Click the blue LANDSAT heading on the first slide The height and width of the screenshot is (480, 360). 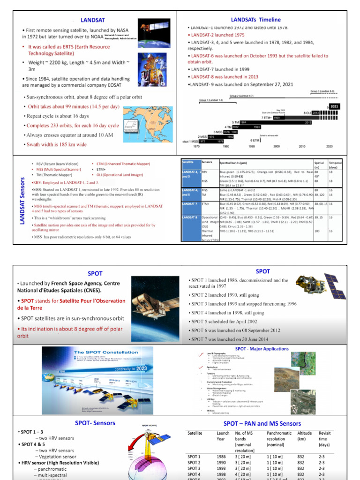tap(92, 20)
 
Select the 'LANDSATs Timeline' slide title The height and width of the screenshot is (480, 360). tap(256, 20)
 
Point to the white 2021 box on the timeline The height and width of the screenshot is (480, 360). tap(335, 106)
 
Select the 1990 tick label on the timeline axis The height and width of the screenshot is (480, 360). tap(251, 146)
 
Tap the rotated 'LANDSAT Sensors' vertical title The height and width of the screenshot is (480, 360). tap(22, 200)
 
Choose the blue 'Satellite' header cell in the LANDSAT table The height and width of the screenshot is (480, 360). tap(189, 162)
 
